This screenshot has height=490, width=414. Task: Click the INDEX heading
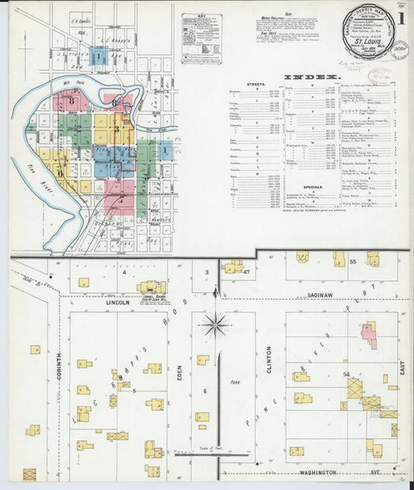pyautogui.click(x=310, y=78)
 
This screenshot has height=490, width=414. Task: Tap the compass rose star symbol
pyautogui.click(x=215, y=324)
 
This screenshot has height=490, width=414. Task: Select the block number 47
pyautogui.click(x=246, y=273)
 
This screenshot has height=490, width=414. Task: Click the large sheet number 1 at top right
pyautogui.click(x=399, y=18)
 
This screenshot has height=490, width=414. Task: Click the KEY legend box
pyautogui.click(x=200, y=48)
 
